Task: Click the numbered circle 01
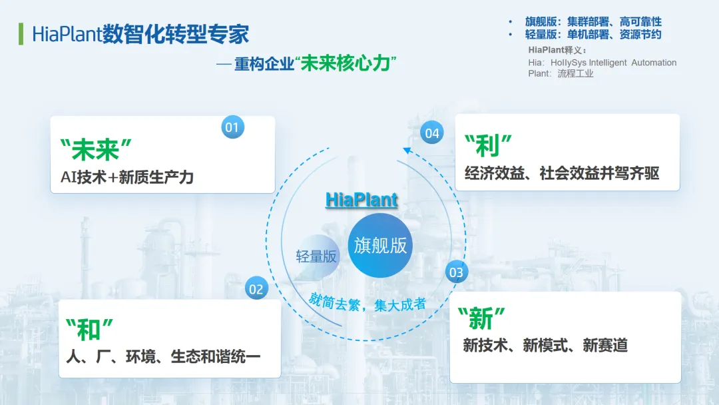[x=232, y=127]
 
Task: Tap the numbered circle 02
[x=256, y=288]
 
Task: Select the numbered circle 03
[x=456, y=272]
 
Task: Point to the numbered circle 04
[x=432, y=133]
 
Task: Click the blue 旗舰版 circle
[x=380, y=245]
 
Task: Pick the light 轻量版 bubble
[x=316, y=256]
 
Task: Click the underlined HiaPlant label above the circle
[x=361, y=200]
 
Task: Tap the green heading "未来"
[x=96, y=149]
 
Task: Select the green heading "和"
[x=89, y=329]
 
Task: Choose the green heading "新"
[x=481, y=318]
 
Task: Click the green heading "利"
[x=488, y=145]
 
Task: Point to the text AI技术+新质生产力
[x=127, y=177]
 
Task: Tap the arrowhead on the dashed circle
[x=407, y=151]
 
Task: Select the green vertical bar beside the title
[x=21, y=34]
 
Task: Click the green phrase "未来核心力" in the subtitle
[x=346, y=63]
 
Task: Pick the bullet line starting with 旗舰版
[x=593, y=21]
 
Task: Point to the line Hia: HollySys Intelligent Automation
[x=602, y=63]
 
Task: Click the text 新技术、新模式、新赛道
[x=545, y=345]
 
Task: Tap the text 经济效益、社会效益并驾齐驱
[x=562, y=173]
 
